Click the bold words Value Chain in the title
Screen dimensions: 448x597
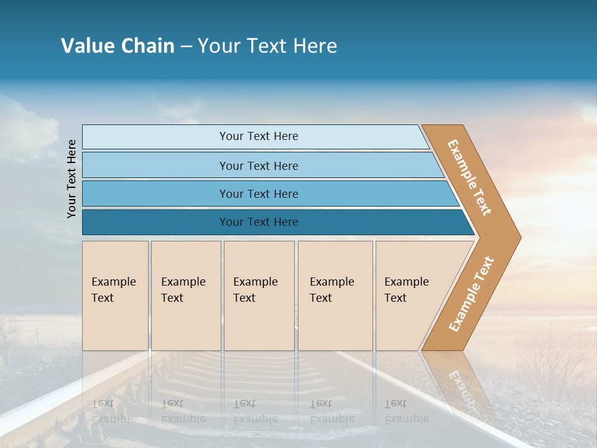coord(118,46)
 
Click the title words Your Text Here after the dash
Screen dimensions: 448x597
coord(267,46)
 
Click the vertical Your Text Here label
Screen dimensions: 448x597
coord(72,179)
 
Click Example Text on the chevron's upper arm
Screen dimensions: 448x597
coord(470,177)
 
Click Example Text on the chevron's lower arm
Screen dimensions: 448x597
coord(471,294)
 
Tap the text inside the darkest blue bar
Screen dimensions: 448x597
coord(259,222)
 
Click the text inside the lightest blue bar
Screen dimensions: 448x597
coord(259,136)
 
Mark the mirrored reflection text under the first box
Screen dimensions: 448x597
coord(113,411)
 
